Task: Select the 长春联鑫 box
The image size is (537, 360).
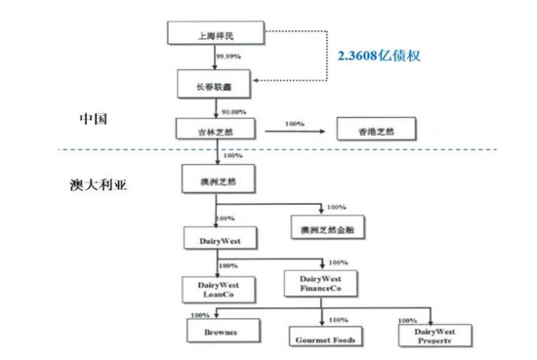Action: [216, 86]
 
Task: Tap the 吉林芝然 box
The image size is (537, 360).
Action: [216, 129]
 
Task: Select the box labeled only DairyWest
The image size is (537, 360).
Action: [220, 239]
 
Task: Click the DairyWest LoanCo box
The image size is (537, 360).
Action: [220, 288]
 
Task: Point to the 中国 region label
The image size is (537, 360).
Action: [95, 119]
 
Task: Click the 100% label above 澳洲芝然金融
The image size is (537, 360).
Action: [336, 207]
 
